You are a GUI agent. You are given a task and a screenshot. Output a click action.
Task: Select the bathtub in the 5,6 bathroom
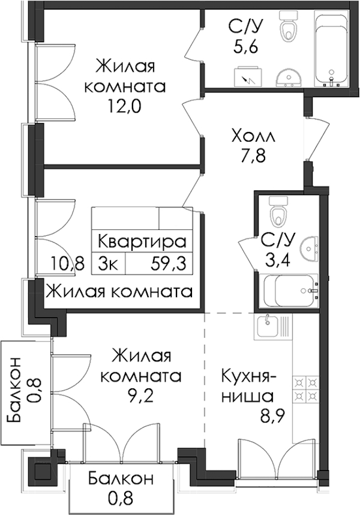coord(331,49)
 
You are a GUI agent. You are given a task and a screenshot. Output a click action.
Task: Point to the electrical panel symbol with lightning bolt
coord(249,76)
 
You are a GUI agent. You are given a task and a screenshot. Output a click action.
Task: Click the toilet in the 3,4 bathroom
coord(278,212)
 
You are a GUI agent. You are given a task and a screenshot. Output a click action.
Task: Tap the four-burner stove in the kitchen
coord(305,388)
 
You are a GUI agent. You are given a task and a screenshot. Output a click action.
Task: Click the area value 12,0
coord(125,106)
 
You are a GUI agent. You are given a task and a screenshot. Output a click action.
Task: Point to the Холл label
coord(253,136)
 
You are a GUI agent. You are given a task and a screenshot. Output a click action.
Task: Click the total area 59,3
coord(169,263)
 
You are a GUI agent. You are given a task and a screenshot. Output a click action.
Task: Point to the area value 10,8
coord(68,263)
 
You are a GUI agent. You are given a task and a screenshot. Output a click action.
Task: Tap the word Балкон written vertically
coord(14,390)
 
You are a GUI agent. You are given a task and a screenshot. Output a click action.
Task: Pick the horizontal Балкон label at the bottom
coord(121,478)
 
